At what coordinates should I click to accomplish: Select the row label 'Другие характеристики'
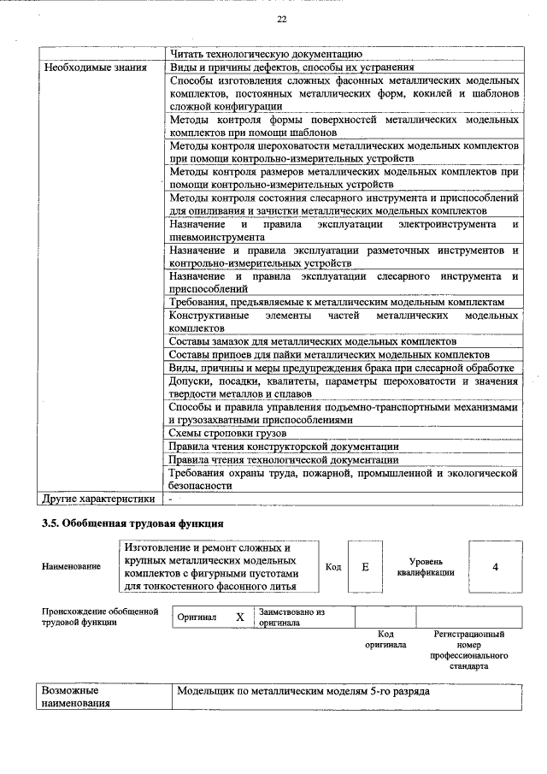point(98,499)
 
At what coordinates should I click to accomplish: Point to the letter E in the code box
point(366,566)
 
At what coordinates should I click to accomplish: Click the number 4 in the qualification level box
point(495,566)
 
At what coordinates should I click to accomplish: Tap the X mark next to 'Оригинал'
point(240,617)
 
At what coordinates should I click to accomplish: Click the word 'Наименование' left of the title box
point(71,566)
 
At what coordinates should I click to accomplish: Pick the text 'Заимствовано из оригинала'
point(292,617)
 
